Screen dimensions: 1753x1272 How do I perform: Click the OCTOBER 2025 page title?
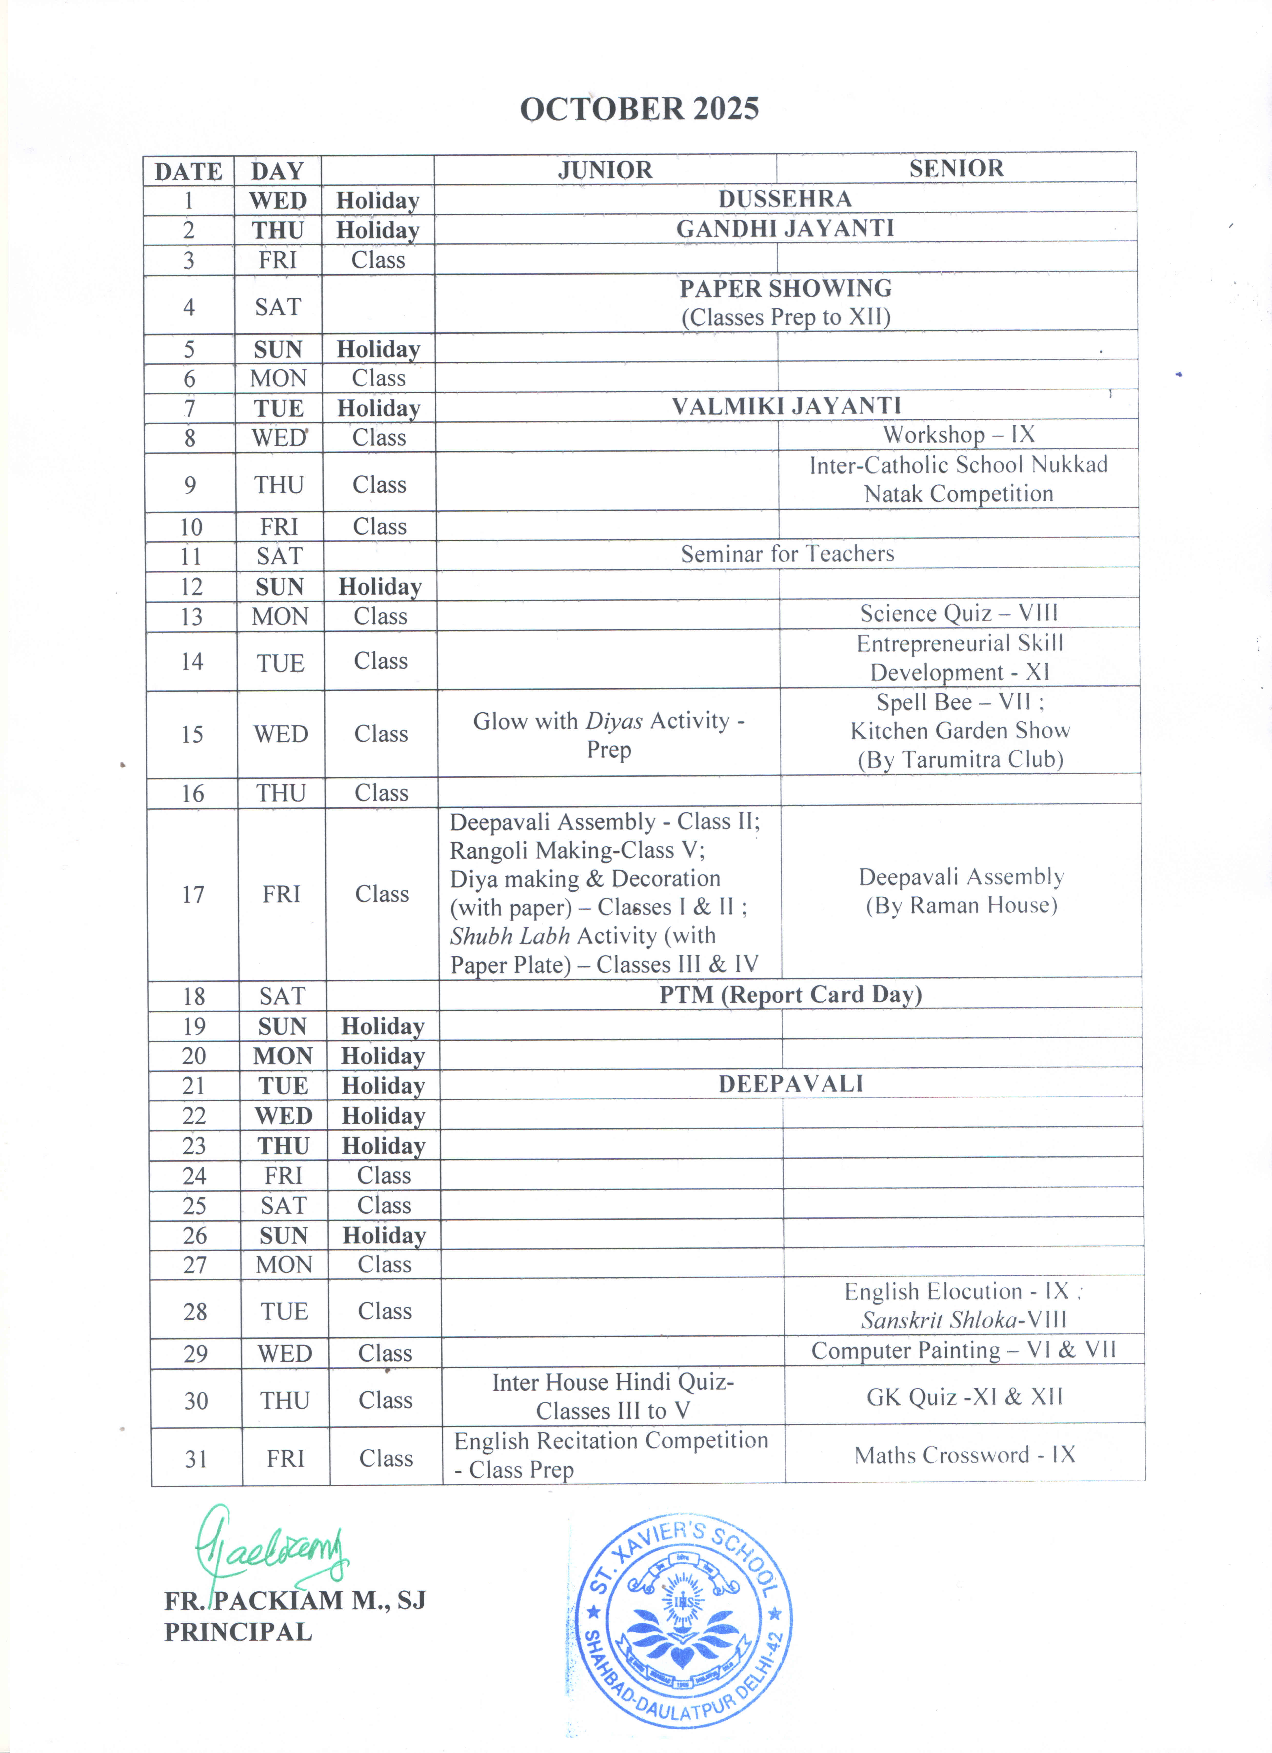click(x=639, y=109)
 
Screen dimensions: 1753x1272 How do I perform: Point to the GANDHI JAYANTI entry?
click(x=785, y=229)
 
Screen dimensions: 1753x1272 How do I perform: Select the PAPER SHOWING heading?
click(x=785, y=288)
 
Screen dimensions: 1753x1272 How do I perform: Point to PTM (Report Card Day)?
click(x=791, y=995)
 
